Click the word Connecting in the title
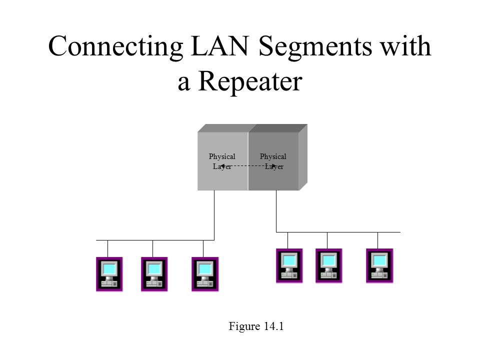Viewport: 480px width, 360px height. pos(115,46)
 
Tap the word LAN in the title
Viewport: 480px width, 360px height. pos(219,46)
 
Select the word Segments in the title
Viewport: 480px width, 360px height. pos(315,46)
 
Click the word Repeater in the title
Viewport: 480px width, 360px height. pos(250,81)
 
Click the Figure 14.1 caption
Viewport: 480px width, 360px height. pos(256,326)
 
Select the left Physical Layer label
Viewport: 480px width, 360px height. pos(222,161)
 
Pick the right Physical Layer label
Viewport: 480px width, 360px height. pos(273,161)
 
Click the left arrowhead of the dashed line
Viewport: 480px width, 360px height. pos(223,166)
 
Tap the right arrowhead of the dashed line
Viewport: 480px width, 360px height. pos(273,166)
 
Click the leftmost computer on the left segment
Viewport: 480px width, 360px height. pos(109,274)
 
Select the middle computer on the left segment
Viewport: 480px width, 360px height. pos(154,274)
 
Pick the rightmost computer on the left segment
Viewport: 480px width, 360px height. pos(205,274)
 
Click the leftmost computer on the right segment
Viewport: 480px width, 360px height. pos(289,265)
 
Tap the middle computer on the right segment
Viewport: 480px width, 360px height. pos(329,265)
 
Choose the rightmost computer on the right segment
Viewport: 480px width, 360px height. pos(379,265)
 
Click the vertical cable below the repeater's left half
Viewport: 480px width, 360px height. pos(214,215)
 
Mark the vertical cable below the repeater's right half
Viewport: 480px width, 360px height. pos(276,211)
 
